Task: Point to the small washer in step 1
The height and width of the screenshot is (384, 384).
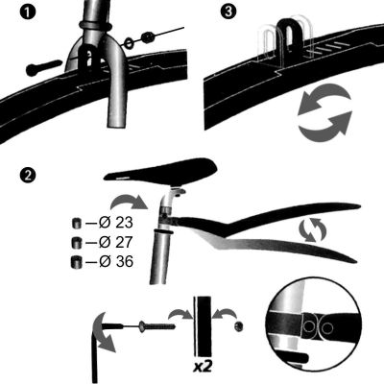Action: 145,37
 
